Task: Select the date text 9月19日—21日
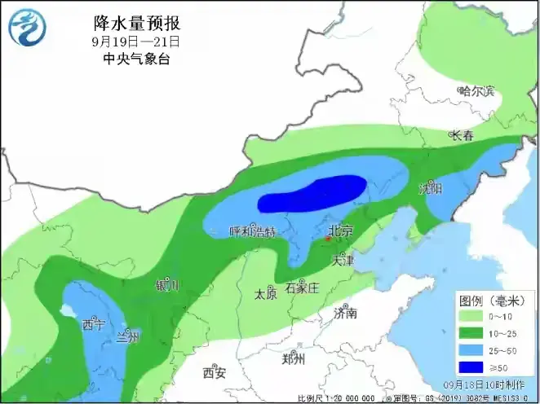coord(135,41)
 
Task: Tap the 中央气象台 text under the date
coord(135,59)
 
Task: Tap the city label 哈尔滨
coord(476,91)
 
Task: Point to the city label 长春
coord(462,136)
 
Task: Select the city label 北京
coord(339,231)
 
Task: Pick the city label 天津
coord(343,261)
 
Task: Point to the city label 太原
coord(266,292)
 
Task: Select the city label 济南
coord(345,312)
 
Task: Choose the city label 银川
coord(167,286)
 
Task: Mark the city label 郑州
coord(292,358)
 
